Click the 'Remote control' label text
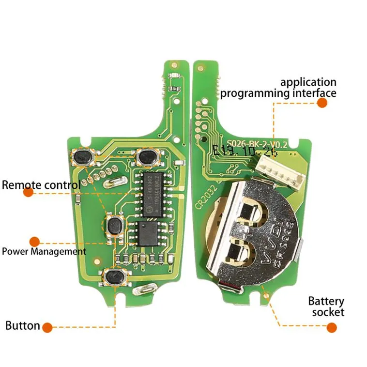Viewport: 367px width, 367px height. click(41, 185)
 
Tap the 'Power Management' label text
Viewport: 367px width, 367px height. click(44, 251)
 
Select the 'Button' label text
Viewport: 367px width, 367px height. click(23, 325)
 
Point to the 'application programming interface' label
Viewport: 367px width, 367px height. click(278, 88)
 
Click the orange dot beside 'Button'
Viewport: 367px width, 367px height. click(47, 327)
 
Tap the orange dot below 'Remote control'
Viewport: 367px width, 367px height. click(29, 192)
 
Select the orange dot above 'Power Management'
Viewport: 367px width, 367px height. click(34, 241)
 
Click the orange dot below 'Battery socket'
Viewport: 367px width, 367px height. click(331, 327)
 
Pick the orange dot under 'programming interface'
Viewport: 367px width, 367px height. click(322, 103)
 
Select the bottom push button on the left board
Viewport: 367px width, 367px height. click(114, 277)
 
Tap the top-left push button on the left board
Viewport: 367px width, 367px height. click(84, 157)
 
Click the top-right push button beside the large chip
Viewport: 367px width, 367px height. click(146, 156)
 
